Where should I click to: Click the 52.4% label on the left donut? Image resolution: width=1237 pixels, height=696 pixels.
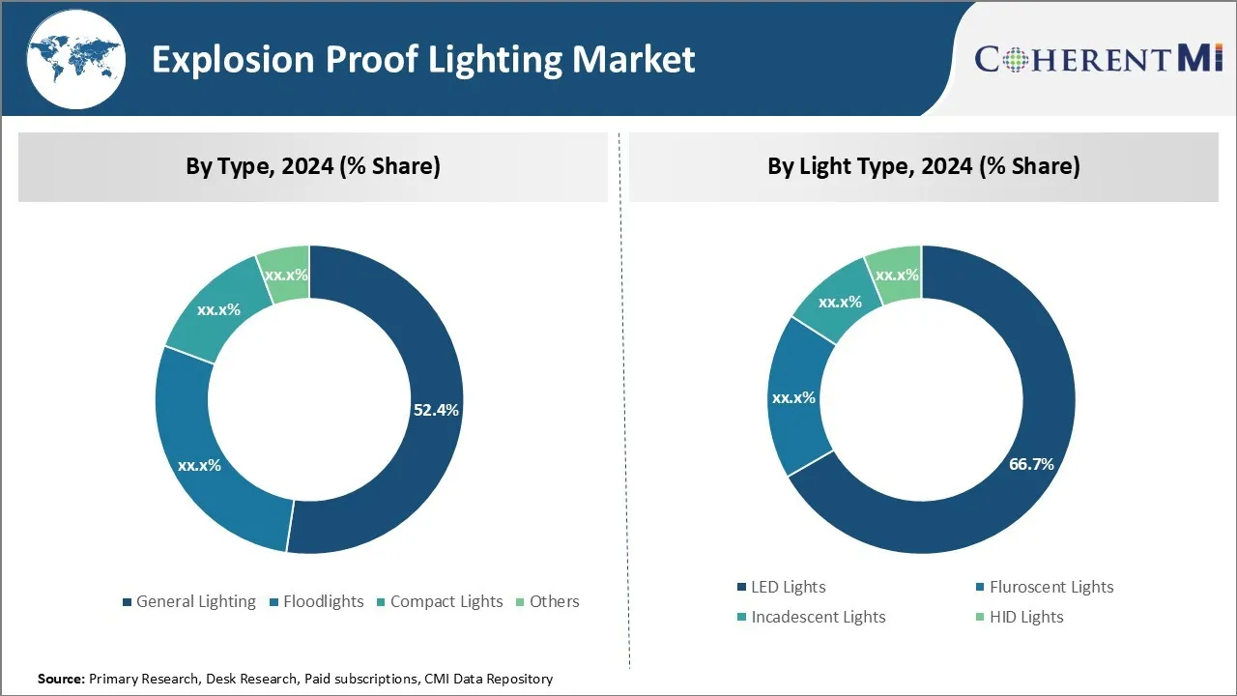[x=436, y=410]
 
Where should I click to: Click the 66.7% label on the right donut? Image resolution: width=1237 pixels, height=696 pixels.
[x=1031, y=464]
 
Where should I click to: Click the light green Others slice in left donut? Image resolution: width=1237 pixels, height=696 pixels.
[x=284, y=275]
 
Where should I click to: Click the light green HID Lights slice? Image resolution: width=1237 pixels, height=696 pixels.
[x=896, y=275]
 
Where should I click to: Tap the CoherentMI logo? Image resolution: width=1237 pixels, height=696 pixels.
[x=1099, y=59]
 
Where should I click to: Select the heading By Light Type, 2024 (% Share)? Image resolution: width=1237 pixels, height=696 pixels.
[x=923, y=166]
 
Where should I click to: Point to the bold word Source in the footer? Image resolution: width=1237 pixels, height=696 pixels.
[x=61, y=680]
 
